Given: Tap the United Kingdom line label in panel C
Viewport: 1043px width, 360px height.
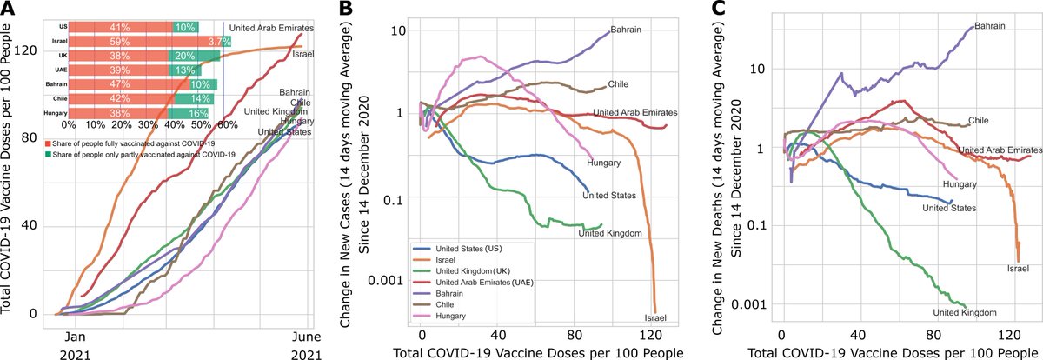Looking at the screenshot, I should [x=964, y=311].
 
